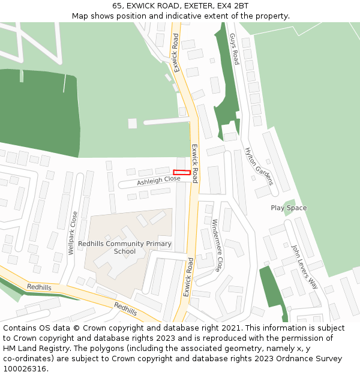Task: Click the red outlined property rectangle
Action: [182, 173]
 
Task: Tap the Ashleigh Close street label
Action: [158, 179]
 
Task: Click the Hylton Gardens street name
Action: [259, 166]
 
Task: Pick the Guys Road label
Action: [234, 49]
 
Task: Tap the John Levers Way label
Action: [304, 266]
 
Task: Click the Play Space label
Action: [289, 208]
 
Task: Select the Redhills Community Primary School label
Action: [125, 247]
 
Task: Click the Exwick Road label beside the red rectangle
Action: [194, 163]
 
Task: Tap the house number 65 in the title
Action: [118, 6]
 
